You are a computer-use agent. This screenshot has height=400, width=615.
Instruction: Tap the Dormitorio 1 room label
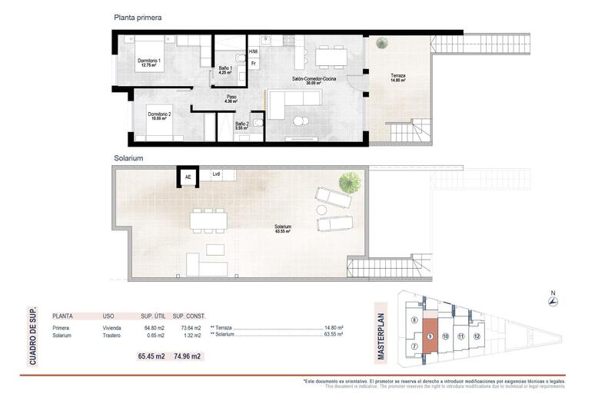point(150,63)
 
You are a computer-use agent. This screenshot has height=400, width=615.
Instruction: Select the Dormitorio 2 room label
point(160,116)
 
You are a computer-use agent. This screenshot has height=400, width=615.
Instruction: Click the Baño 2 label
point(241,125)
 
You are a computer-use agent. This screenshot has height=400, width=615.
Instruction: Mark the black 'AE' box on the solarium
point(188,177)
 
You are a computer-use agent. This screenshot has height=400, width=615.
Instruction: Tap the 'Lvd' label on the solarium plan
point(216,174)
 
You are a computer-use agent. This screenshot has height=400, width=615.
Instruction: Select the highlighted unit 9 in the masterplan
point(430,336)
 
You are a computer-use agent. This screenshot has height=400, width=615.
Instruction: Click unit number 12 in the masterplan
point(477,336)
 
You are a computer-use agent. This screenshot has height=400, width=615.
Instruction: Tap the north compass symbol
point(553,300)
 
